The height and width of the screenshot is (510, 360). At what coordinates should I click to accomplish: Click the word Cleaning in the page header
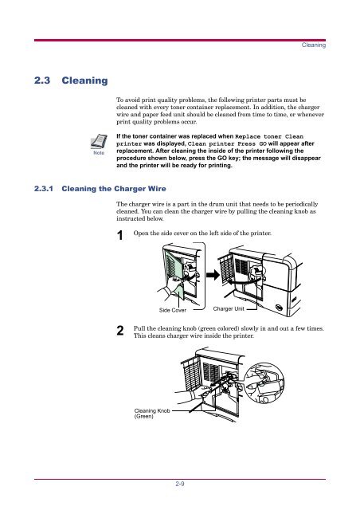(313, 46)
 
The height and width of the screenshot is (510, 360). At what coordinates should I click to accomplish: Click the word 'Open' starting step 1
(143, 233)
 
